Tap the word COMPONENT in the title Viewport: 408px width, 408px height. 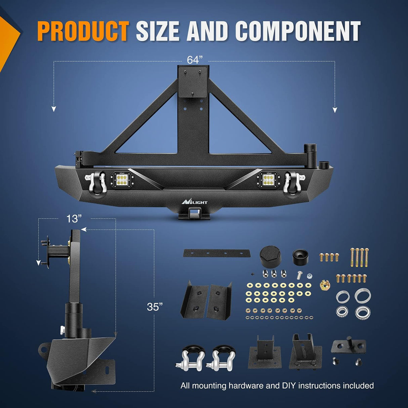[x=298, y=31]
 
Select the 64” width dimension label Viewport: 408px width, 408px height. [x=195, y=60]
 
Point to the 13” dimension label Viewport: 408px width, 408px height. [x=74, y=218]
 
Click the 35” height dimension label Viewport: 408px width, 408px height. [x=155, y=307]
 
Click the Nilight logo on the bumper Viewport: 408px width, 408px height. [x=194, y=201]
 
